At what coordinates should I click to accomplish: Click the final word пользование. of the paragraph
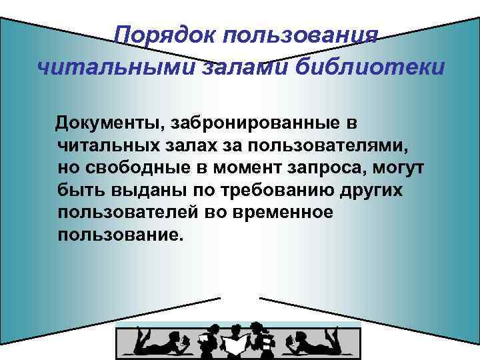pyautogui.click(x=119, y=235)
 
